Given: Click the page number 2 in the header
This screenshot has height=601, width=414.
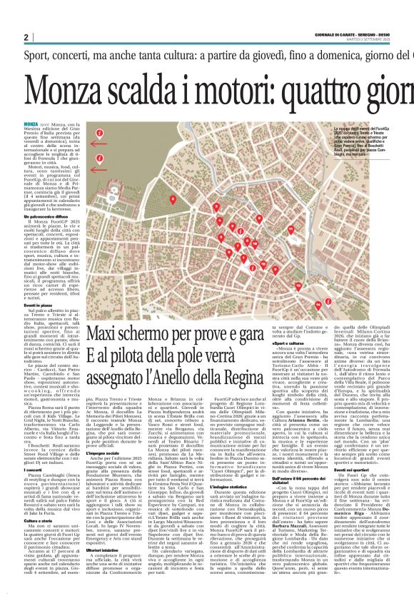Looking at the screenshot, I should (x=26, y=37).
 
